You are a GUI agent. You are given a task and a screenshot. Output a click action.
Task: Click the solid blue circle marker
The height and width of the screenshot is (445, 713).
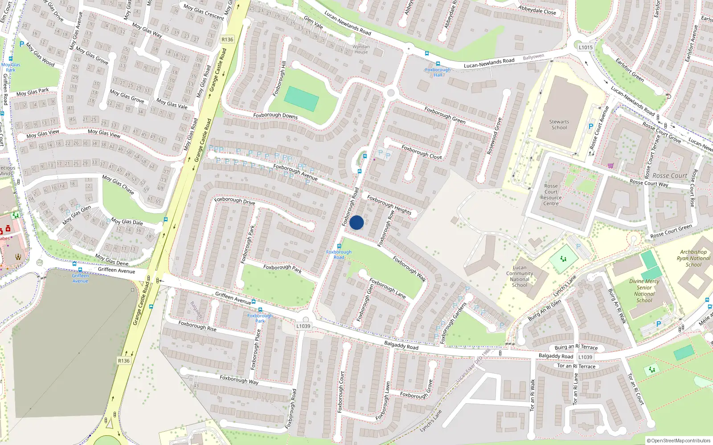[356, 222]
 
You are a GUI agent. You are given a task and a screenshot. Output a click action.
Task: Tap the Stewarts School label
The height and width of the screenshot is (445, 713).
[559, 125]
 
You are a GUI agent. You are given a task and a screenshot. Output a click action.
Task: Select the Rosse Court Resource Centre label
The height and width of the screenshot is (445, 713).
[551, 195]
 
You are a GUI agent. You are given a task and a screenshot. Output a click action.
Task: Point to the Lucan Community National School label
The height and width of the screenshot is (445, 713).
[520, 276]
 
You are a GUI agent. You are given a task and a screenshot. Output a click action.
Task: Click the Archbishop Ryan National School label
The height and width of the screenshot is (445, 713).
[693, 258]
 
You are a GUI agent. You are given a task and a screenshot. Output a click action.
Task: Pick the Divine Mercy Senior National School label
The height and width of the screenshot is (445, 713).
[644, 291]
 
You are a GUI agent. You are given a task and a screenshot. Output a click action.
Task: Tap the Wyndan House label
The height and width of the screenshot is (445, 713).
[361, 49]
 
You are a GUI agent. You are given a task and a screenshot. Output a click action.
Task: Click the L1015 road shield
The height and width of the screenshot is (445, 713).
[586, 47]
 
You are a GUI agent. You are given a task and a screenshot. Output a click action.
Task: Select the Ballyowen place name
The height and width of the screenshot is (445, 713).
[533, 57]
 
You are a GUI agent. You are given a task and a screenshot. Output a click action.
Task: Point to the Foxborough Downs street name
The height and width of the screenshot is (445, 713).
[275, 115]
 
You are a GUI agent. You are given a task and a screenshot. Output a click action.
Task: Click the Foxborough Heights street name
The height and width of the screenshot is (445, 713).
[389, 205]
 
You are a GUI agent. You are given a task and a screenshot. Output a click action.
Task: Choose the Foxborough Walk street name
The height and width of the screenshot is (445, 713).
[409, 269]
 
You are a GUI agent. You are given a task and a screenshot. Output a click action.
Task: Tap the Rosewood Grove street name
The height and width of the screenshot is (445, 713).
[494, 136]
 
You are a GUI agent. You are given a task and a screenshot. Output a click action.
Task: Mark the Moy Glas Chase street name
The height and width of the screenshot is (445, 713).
[118, 184]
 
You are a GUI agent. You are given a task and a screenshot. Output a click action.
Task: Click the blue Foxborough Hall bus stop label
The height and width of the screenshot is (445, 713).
[438, 72]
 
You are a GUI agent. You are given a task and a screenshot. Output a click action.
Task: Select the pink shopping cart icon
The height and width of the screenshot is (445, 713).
[610, 166]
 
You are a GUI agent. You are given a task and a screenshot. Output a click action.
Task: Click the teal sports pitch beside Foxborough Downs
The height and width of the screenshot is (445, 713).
[302, 99]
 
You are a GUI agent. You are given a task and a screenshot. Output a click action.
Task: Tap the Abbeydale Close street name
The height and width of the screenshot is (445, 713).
[537, 10]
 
